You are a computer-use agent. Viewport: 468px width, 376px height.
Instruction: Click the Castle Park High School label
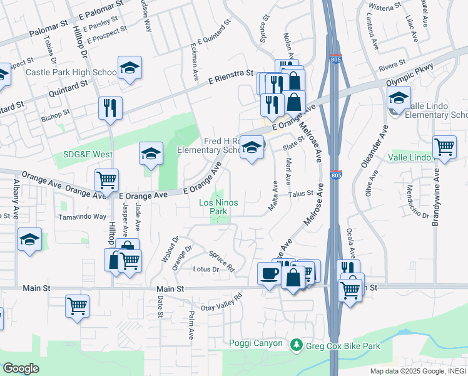(x=71, y=72)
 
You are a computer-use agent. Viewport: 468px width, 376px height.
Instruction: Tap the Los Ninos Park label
(x=218, y=207)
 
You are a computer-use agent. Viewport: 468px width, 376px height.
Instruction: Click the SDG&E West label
(x=88, y=154)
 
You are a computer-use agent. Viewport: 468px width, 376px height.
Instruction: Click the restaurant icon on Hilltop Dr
(x=110, y=108)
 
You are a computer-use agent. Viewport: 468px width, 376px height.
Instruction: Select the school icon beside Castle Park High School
(x=130, y=67)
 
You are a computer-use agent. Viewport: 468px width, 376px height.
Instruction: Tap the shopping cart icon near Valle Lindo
(x=444, y=147)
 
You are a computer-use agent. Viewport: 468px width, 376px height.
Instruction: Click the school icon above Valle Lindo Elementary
(x=399, y=97)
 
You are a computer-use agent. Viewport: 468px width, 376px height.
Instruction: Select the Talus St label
(x=300, y=194)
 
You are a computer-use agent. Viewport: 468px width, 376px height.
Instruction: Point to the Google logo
(x=21, y=368)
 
